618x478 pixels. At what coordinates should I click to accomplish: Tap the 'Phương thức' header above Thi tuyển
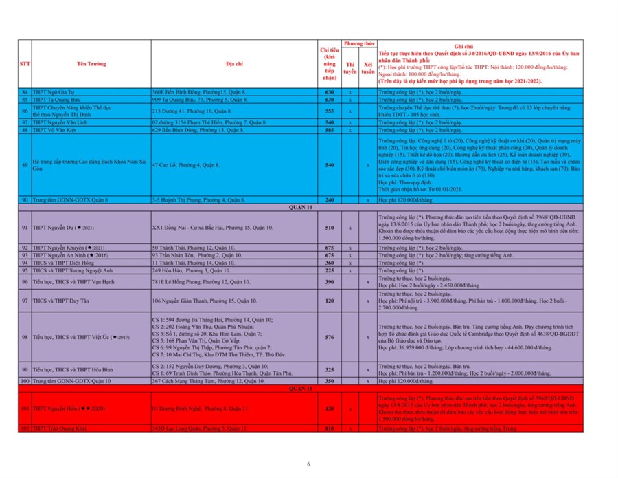point(358,43)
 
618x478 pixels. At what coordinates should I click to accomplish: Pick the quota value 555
point(329,110)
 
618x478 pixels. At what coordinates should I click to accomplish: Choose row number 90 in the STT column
point(25,199)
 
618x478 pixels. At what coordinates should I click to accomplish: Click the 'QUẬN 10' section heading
point(299,206)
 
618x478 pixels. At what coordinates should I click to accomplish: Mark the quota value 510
point(329,227)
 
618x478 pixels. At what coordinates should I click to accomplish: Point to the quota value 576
point(329,337)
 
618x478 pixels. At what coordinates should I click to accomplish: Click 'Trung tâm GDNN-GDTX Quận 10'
point(67,380)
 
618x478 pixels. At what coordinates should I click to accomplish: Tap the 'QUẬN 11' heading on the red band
point(299,388)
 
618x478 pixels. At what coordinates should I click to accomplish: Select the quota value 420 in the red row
point(329,408)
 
